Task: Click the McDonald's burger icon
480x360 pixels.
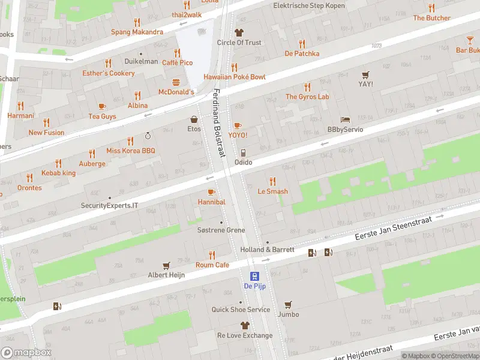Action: [176, 82]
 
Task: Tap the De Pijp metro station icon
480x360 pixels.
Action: [254, 276]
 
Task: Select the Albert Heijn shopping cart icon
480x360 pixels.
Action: [167, 265]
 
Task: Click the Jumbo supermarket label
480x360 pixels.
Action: [288, 314]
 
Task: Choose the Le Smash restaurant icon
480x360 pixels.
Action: [272, 181]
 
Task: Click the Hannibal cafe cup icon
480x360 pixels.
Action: [211, 192]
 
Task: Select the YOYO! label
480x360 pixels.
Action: [238, 135]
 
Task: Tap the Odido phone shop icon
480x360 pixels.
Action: [243, 152]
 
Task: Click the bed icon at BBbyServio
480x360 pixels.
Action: [344, 119]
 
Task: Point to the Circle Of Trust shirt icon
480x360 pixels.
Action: [239, 32]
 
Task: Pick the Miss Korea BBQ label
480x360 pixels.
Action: [130, 151]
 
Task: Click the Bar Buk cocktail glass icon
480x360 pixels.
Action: [470, 40]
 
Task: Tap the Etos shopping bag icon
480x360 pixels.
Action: [194, 119]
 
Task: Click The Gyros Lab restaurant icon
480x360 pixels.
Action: [307, 86]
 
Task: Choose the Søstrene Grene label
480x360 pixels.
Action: [221, 230]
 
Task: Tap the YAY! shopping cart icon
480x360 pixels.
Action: [365, 74]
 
